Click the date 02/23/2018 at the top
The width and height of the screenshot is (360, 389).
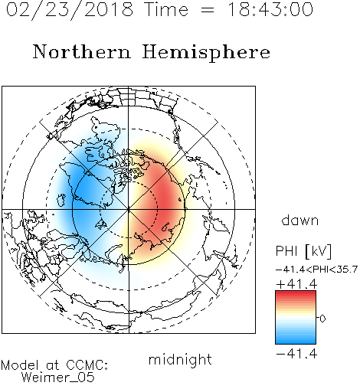click(x=70, y=10)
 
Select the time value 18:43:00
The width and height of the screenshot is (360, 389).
click(x=270, y=9)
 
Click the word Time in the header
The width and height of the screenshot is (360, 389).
click(x=166, y=9)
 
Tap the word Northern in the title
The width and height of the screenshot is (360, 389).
click(x=81, y=51)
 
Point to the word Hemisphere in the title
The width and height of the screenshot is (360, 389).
click(x=206, y=53)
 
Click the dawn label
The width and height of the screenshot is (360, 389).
click(x=300, y=220)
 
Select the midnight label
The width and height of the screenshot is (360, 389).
click(x=180, y=359)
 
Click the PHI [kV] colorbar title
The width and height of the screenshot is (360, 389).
click(x=303, y=251)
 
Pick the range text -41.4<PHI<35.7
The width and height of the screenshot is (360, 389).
click(x=316, y=270)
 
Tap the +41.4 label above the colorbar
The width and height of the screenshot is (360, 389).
click(x=296, y=284)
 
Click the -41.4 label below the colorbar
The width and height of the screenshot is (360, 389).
click(x=296, y=354)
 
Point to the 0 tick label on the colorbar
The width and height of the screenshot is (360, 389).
click(x=322, y=319)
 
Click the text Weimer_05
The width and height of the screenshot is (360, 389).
click(x=58, y=378)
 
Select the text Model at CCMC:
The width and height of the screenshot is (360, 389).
click(x=54, y=365)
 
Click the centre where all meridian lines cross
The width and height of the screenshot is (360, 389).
click(x=129, y=210)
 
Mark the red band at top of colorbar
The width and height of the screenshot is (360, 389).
click(x=296, y=293)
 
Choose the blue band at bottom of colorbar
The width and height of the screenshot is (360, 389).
click(x=296, y=341)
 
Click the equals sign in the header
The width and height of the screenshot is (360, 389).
click(x=208, y=10)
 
